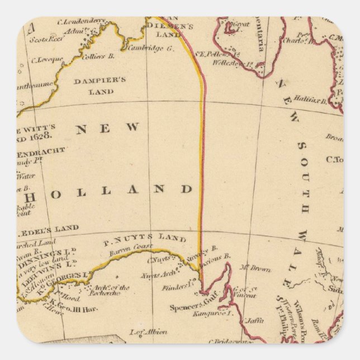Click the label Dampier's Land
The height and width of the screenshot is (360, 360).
(x=100, y=86)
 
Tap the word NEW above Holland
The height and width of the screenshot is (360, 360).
(x=108, y=128)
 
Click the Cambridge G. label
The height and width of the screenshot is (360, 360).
(x=151, y=48)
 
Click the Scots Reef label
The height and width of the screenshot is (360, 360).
(x=41, y=41)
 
